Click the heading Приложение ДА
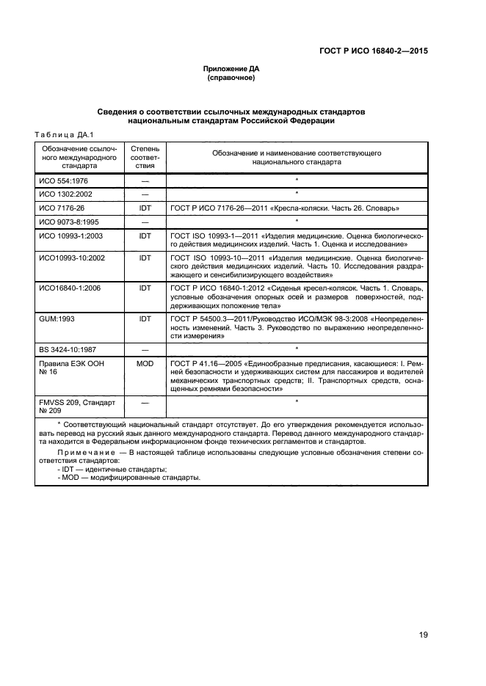click(231, 68)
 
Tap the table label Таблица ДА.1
click(59, 133)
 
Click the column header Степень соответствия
click(145, 157)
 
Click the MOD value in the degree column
click(145, 362)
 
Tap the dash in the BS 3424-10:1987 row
click(145, 349)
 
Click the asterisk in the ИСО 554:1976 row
click(296, 180)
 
